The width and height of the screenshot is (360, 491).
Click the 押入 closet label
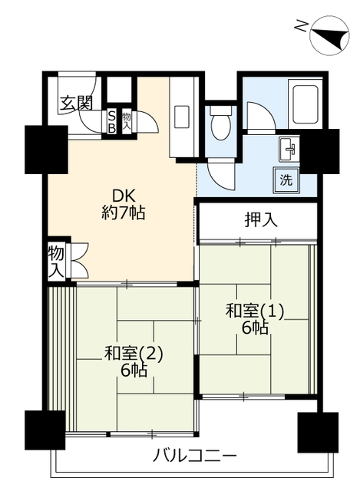click(260, 220)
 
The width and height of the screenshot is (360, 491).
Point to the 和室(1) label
click(255, 311)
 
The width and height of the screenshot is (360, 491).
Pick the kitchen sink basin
click(181, 117)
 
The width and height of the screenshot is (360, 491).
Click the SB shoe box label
click(111, 123)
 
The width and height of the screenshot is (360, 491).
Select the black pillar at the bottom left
click(43, 430)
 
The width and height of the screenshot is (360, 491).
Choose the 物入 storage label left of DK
click(56, 261)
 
